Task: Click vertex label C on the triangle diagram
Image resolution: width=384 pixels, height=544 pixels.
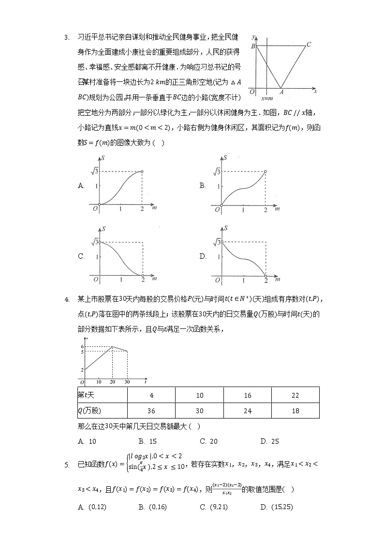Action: click(x=309, y=45)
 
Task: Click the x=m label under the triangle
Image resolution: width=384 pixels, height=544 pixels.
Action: click(x=266, y=98)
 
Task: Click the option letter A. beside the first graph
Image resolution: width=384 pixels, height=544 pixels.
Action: click(x=81, y=185)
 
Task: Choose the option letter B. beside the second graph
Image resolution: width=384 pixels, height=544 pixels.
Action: click(x=203, y=185)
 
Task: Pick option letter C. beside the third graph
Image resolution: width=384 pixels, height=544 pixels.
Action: click(x=81, y=257)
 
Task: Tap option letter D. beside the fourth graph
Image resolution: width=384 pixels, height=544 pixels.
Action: click(x=203, y=257)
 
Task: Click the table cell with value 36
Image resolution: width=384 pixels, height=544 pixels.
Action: click(x=151, y=410)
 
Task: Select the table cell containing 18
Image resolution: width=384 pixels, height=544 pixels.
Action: click(x=295, y=410)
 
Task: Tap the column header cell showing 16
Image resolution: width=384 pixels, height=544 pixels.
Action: click(x=248, y=395)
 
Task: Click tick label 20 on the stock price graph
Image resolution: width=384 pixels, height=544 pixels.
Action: click(x=113, y=383)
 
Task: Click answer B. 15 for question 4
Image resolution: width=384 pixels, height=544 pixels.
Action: click(x=148, y=441)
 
